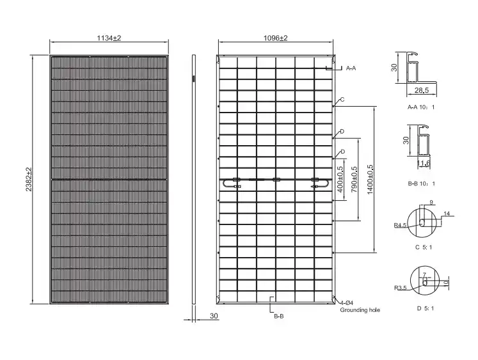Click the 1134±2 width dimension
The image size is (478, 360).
click(x=109, y=38)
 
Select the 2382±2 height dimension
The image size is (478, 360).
click(x=29, y=180)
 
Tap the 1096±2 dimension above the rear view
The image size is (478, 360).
click(x=275, y=38)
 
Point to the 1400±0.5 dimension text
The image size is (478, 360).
click(x=370, y=180)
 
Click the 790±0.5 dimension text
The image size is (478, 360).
click(x=355, y=180)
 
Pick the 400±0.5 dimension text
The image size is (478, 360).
click(x=340, y=180)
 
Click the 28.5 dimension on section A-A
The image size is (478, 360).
click(x=422, y=90)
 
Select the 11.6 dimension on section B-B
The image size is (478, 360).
click(x=424, y=163)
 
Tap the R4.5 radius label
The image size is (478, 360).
click(x=400, y=225)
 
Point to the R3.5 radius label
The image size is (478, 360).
click(x=401, y=288)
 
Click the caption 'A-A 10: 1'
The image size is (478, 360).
click(x=421, y=107)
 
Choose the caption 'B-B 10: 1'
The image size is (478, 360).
click(x=421, y=184)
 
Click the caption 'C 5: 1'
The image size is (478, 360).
click(x=424, y=247)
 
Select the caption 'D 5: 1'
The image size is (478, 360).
click(x=426, y=309)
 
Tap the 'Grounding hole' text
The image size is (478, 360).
click(x=360, y=310)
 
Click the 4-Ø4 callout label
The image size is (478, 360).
click(x=347, y=303)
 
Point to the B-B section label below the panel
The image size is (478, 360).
click(x=278, y=317)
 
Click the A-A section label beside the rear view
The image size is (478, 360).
click(x=351, y=68)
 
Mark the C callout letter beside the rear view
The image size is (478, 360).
click(x=342, y=100)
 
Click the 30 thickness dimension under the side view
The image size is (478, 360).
click(x=214, y=316)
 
